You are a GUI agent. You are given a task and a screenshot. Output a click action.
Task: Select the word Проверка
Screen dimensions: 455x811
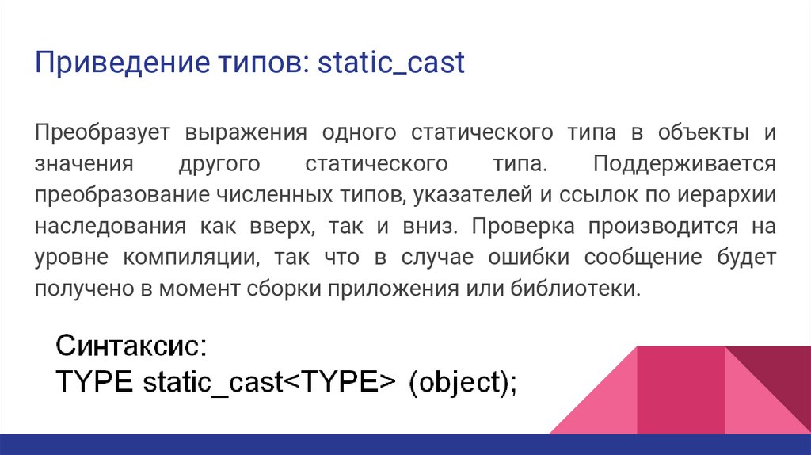point(520,226)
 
